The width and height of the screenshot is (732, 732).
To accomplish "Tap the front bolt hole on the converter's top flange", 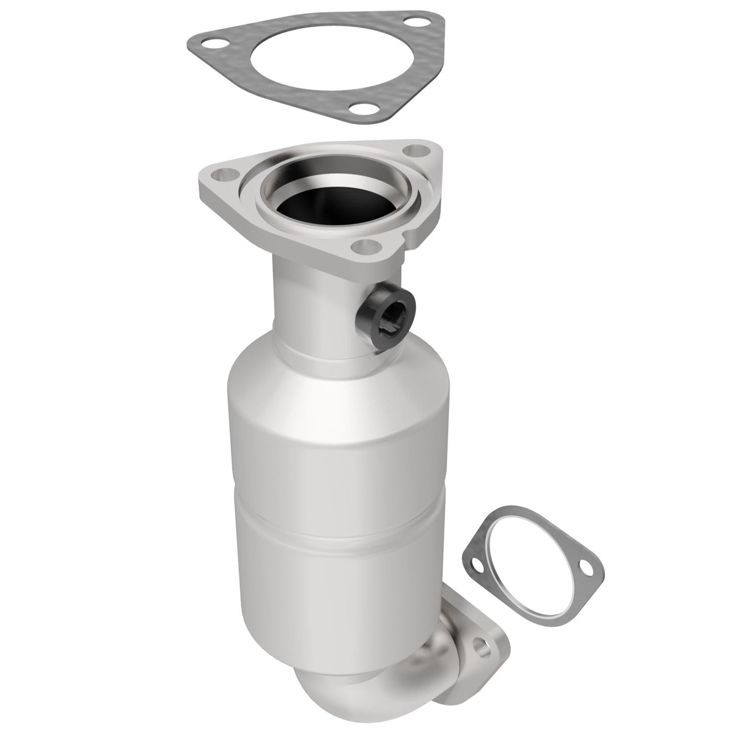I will [368, 246].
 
